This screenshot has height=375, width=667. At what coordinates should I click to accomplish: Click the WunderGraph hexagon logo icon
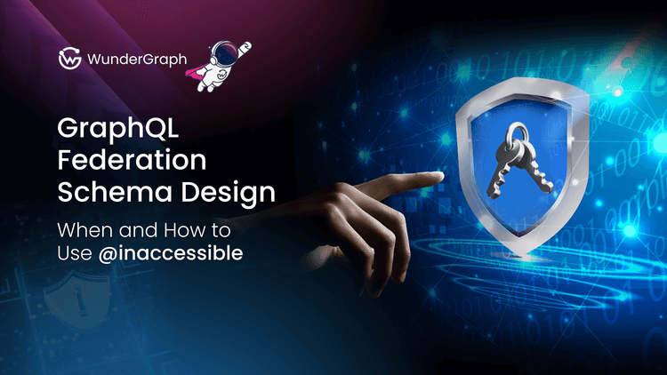(68, 59)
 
